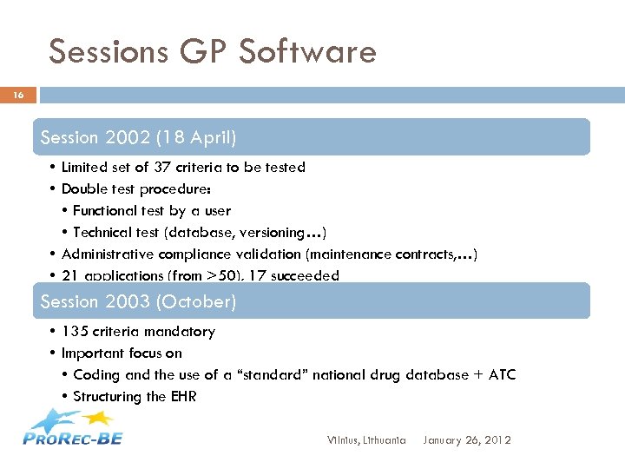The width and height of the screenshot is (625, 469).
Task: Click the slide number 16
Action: coord(18,95)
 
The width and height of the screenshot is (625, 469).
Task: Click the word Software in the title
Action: coord(307,52)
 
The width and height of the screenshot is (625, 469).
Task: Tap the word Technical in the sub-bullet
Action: coord(102,232)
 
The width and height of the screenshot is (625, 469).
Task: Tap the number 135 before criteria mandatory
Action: coord(73,331)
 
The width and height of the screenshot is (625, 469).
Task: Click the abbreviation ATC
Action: coord(500,374)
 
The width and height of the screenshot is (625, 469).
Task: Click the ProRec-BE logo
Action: coord(73,428)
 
